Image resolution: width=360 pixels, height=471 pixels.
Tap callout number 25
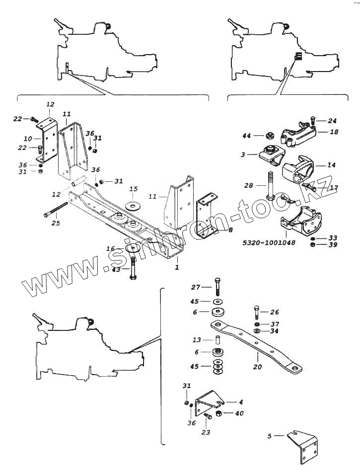(x=56, y=223)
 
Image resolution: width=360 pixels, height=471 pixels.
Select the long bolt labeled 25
(x=55, y=210)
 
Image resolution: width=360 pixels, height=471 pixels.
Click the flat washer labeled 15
(x=133, y=205)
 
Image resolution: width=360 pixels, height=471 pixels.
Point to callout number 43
(x=116, y=270)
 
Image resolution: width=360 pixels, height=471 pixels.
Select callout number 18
(x=334, y=132)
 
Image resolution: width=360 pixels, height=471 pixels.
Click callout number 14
(x=332, y=164)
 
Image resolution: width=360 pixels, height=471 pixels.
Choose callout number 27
(x=196, y=287)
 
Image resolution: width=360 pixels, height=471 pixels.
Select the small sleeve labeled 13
(x=216, y=341)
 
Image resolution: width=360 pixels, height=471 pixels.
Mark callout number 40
(x=239, y=413)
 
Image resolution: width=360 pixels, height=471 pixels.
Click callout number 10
(x=28, y=138)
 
